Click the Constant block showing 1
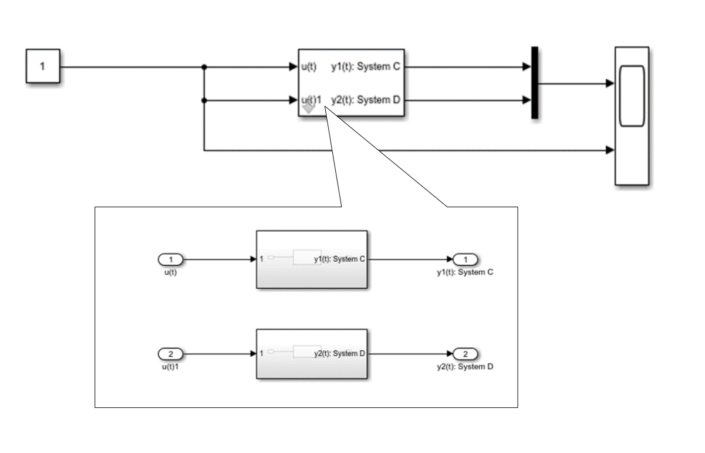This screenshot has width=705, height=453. [x=42, y=67]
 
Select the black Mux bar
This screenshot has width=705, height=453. [x=534, y=83]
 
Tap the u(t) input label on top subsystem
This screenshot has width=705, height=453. [x=309, y=67]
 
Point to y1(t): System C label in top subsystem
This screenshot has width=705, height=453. [x=365, y=67]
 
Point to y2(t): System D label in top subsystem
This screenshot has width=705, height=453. [x=365, y=100]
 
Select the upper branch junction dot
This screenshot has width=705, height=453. [x=204, y=67]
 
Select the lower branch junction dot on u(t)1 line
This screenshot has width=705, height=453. [x=204, y=100]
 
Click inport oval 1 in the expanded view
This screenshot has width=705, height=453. [x=171, y=259]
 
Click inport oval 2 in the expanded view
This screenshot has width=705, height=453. [x=171, y=354]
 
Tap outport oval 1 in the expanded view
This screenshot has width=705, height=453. [x=466, y=259]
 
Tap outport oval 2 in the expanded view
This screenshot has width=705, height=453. [x=466, y=354]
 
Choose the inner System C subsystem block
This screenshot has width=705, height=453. [x=312, y=259]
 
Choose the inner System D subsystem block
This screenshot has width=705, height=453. [x=312, y=354]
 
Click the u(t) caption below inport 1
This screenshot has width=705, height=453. [x=170, y=272]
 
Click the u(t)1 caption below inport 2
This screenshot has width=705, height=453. [x=170, y=367]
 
